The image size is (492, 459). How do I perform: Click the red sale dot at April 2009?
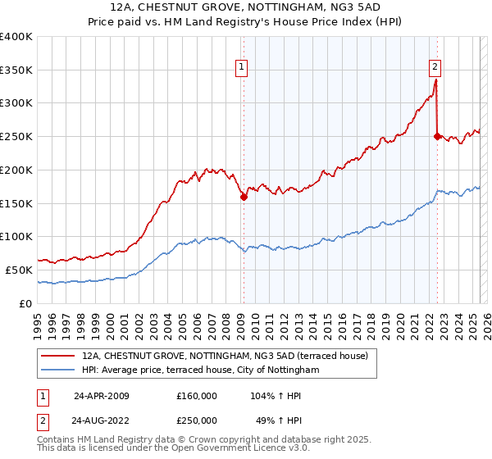point(244,197)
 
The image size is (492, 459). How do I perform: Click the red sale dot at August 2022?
point(437,137)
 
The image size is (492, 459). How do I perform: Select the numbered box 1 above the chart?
point(243,68)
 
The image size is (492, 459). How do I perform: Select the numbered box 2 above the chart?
point(435,68)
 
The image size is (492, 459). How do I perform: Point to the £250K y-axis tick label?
point(16,137)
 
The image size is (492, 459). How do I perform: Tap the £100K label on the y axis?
point(16,237)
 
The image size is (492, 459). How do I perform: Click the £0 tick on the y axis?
point(27,303)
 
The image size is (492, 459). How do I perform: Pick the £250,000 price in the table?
point(197,420)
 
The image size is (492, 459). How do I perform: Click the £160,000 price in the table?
point(197,396)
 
